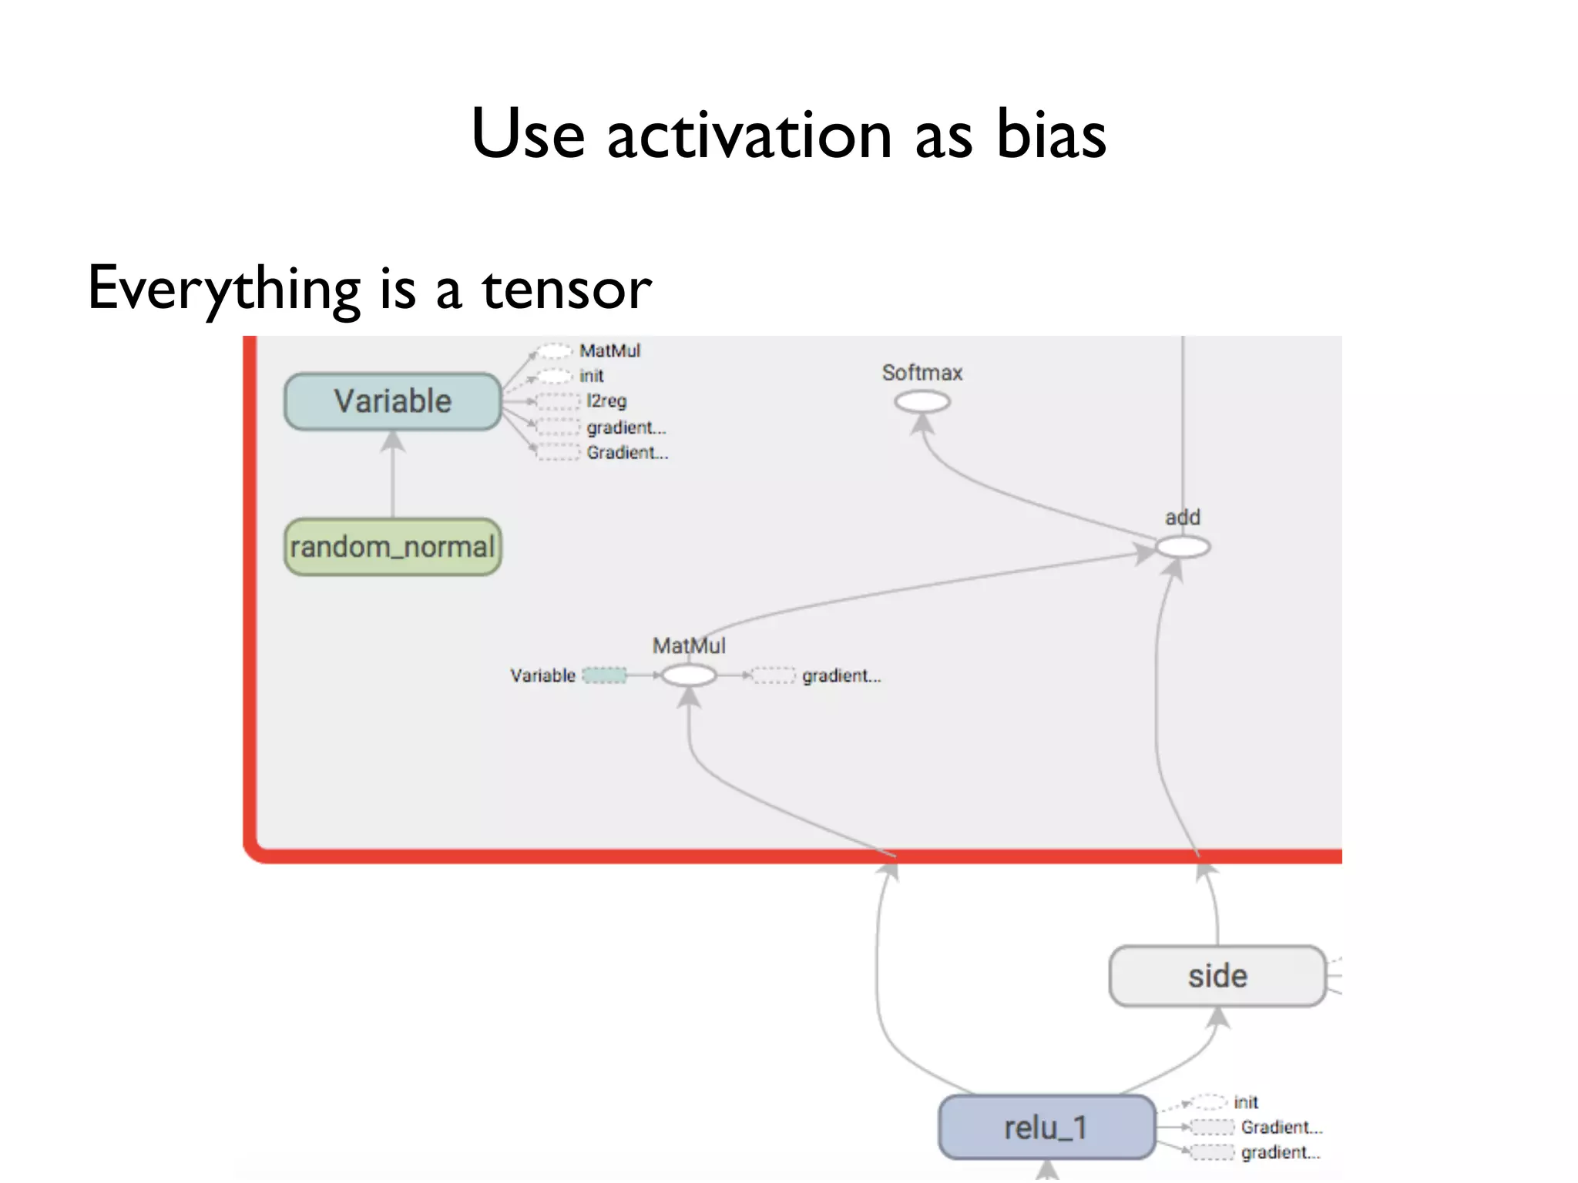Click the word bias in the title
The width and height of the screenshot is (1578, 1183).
(x=1051, y=135)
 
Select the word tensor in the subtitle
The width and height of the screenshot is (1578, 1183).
(x=566, y=289)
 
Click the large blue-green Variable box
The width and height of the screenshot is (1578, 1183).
(x=392, y=401)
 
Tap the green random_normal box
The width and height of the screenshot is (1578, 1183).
(x=392, y=547)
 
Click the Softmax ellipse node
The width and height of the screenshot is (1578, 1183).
(x=922, y=401)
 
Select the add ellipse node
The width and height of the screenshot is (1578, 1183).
(x=1182, y=547)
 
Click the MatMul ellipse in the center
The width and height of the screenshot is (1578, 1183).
(x=689, y=675)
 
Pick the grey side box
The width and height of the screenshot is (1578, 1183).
(x=1217, y=976)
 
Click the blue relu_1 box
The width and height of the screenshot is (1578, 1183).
(x=1046, y=1128)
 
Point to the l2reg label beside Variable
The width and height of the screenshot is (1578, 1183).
(x=606, y=401)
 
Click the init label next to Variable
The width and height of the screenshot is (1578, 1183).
(x=591, y=376)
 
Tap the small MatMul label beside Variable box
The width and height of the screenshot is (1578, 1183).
(x=609, y=350)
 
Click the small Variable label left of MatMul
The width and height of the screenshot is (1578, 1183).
(x=542, y=675)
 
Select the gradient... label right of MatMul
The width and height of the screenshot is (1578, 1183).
(x=841, y=675)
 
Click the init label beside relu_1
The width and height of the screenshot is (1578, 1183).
(x=1245, y=1102)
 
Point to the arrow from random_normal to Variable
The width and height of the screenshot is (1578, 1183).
(x=393, y=474)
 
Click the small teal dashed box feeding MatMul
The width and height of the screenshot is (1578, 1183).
(x=604, y=675)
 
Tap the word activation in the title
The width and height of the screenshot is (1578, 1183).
(x=749, y=135)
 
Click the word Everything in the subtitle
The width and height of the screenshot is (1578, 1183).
(x=224, y=289)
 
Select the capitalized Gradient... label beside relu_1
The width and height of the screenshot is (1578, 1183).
(x=1281, y=1128)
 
